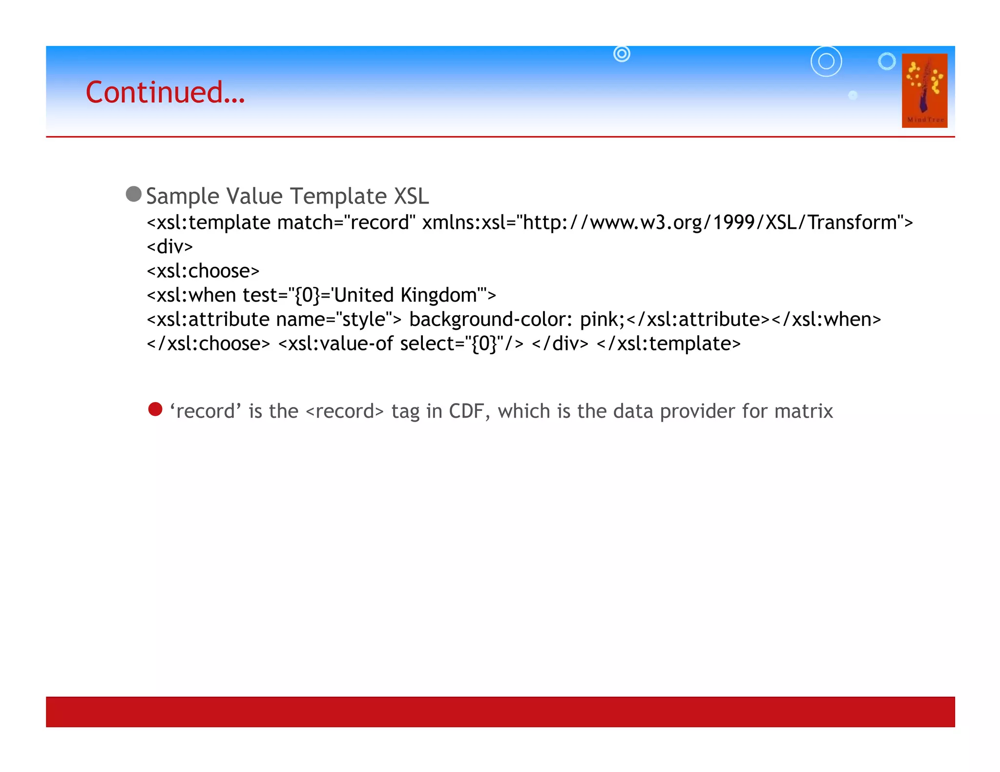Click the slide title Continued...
point(165,92)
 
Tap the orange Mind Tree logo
point(924,91)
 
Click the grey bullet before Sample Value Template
point(133,194)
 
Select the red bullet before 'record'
point(155,409)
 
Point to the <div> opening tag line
point(169,246)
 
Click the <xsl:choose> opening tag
point(203,271)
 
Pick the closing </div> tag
point(560,344)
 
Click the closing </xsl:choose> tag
point(208,344)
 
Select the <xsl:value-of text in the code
point(335,344)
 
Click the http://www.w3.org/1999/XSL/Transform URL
point(710,223)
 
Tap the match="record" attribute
point(346,223)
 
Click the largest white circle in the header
point(826,61)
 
